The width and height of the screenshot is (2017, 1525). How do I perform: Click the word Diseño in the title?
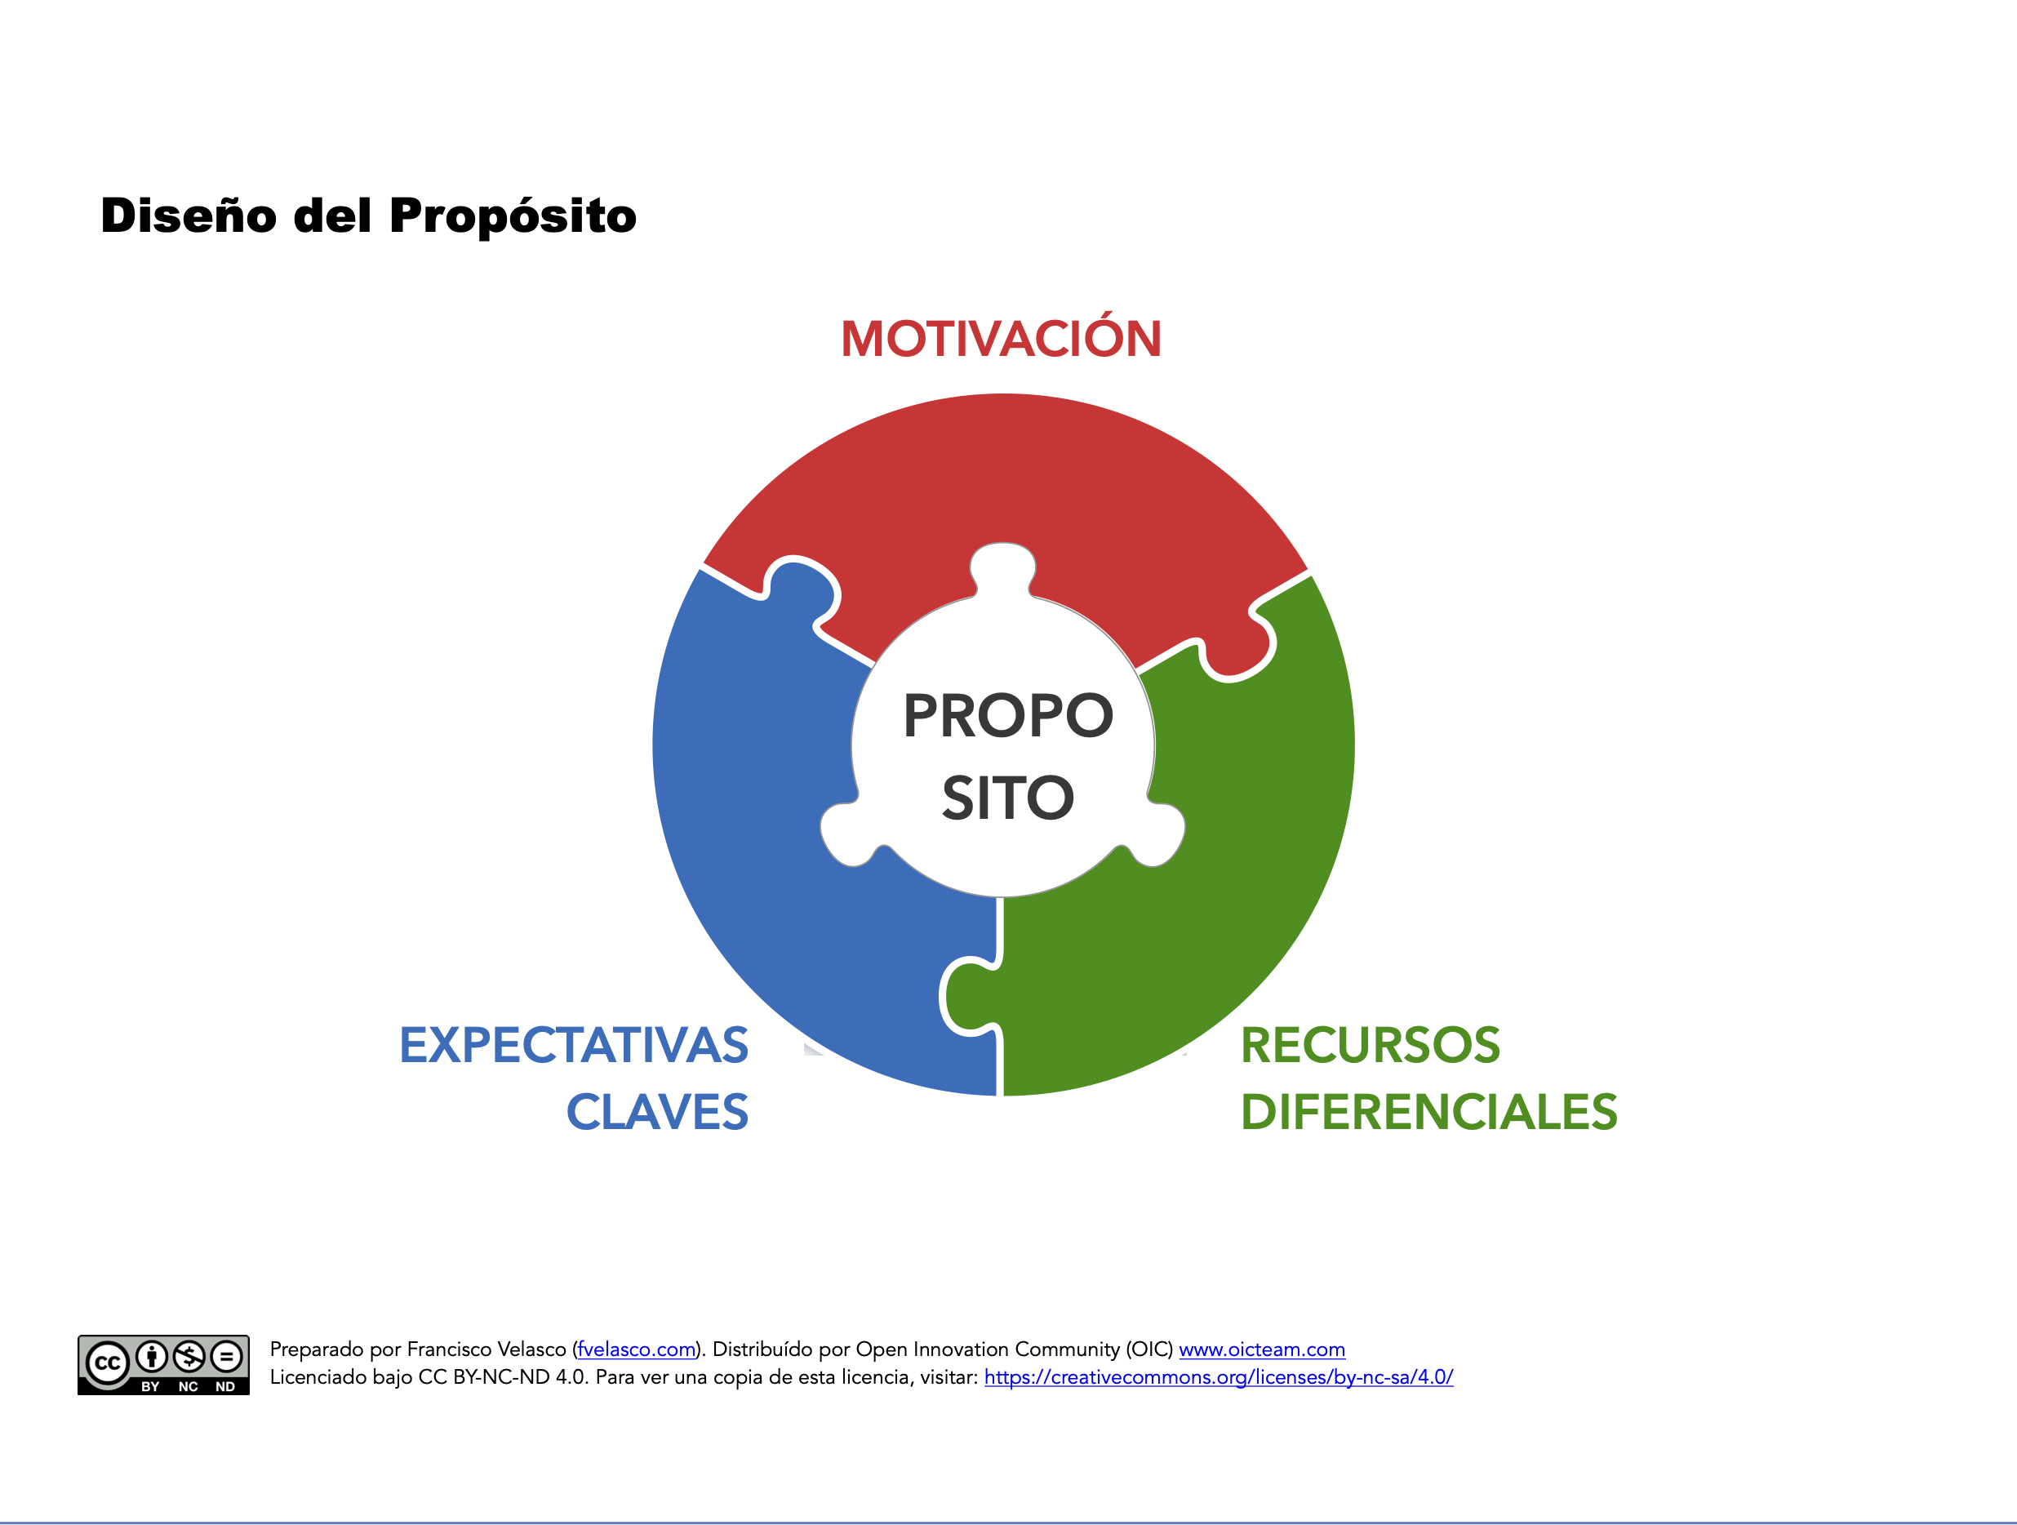(189, 216)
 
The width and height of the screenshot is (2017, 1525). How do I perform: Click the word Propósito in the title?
(513, 217)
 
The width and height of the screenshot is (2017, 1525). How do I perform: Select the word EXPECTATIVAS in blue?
(574, 1045)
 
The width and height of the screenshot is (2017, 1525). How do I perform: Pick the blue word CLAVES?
(656, 1112)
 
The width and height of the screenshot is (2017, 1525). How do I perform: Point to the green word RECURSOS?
(1370, 1045)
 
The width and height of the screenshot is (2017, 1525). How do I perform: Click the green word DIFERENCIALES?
(1428, 1112)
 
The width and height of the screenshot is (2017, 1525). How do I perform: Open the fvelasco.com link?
(637, 1349)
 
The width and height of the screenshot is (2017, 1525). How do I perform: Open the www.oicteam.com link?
(1262, 1349)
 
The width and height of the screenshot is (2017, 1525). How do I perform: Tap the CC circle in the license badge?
(108, 1363)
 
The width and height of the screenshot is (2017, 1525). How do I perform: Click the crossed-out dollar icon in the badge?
(189, 1357)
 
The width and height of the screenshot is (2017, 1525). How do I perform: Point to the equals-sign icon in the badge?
(227, 1357)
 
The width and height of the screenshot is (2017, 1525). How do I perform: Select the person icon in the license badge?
(153, 1357)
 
